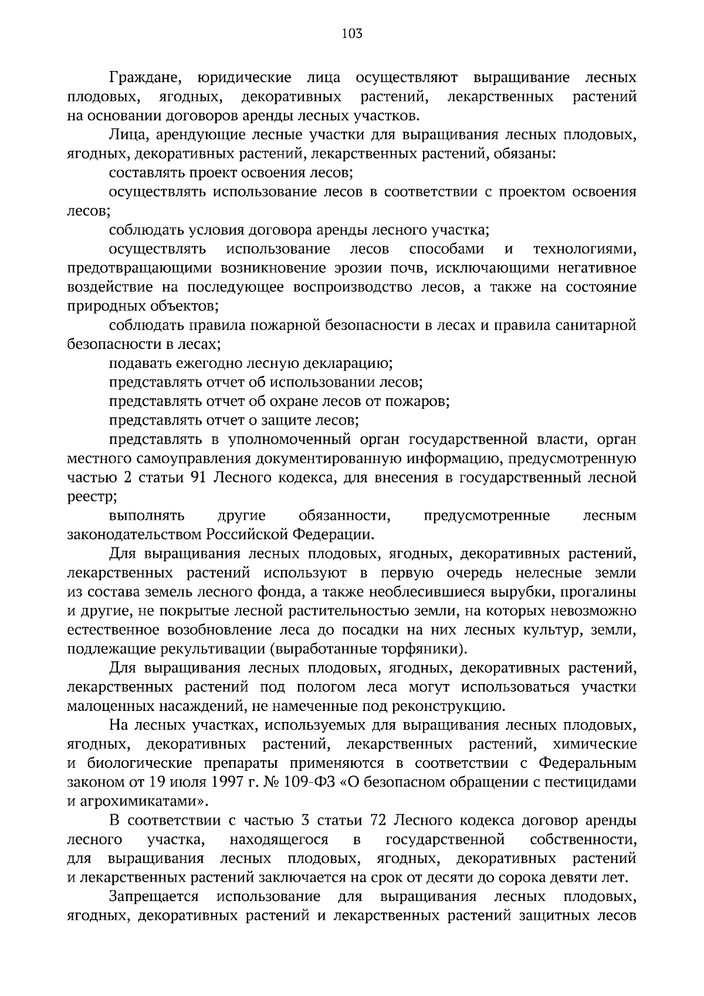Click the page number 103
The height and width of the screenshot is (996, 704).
coord(352,33)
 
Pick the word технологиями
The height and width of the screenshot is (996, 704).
coord(585,249)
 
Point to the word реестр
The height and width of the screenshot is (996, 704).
coord(92,497)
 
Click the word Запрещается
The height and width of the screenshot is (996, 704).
coord(154,897)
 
